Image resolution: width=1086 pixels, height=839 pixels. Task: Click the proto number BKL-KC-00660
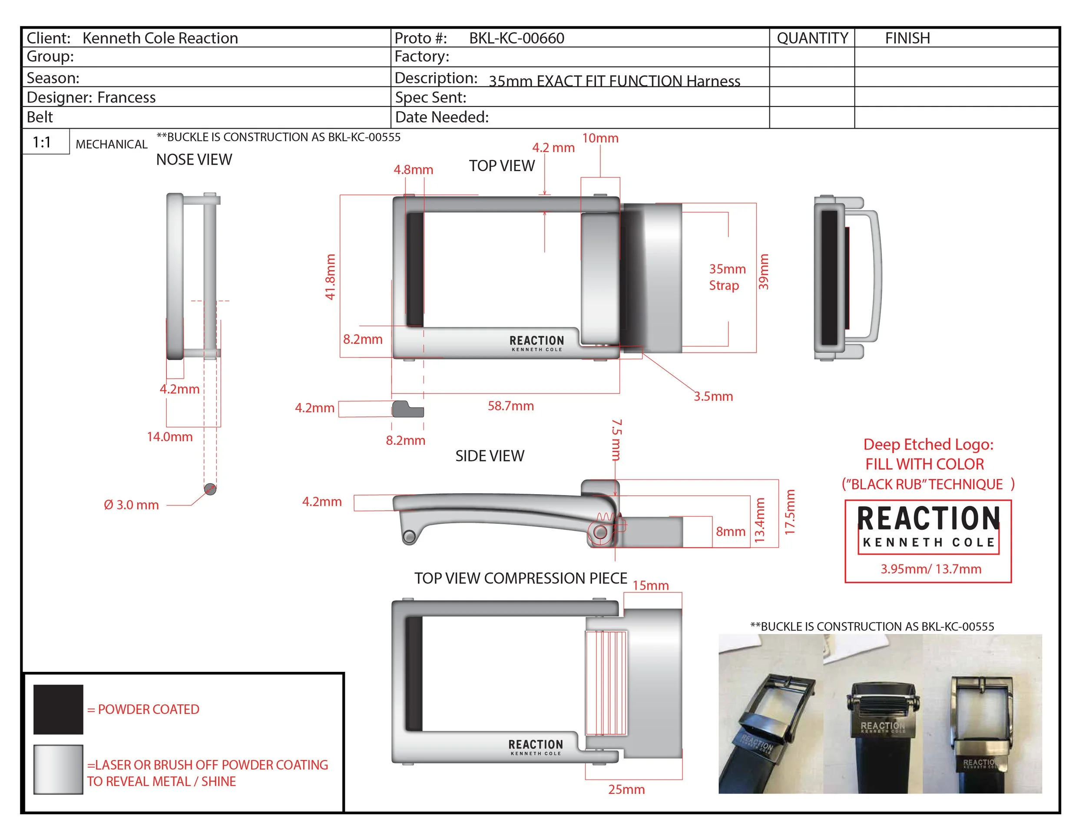point(516,38)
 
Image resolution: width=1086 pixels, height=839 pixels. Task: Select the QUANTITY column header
point(812,38)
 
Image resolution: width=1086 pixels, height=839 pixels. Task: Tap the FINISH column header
point(907,38)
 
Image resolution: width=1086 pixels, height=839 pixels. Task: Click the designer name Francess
point(126,97)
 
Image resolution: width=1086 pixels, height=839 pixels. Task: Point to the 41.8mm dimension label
point(330,277)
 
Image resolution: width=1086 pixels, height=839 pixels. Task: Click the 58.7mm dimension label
point(511,406)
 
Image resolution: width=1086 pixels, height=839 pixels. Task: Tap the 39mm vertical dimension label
point(763,271)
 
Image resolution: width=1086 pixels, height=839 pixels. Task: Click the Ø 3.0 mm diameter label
point(131,505)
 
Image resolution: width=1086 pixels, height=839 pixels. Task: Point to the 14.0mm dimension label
point(169,437)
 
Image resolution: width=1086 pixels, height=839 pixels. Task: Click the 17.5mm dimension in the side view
point(790,512)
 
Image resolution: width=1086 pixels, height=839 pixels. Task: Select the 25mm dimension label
point(626,789)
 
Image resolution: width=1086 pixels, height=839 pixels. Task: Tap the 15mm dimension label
point(650,585)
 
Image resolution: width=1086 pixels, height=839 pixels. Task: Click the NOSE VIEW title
point(194,159)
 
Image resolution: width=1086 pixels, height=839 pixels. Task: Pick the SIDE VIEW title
point(490,456)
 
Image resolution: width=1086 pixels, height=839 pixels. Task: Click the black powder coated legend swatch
point(58,709)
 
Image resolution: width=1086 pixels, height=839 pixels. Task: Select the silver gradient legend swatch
point(58,769)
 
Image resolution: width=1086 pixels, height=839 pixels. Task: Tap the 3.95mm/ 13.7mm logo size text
point(931,569)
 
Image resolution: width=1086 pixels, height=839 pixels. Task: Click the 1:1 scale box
point(42,142)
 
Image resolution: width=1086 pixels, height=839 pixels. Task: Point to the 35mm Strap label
point(726,277)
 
